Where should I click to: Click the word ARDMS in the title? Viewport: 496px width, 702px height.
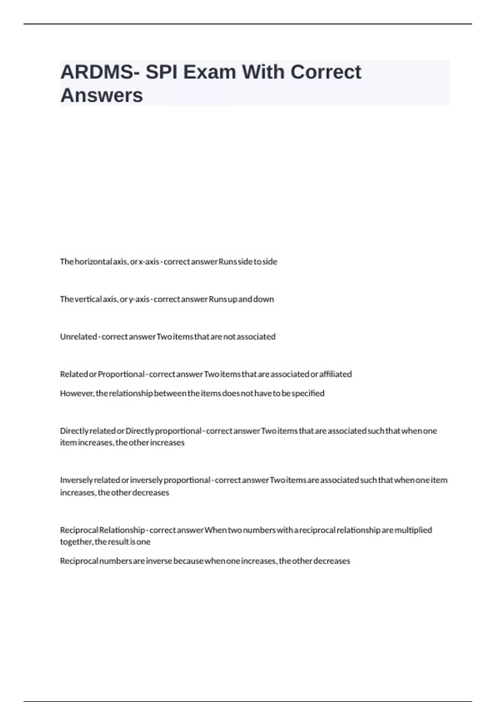pyautogui.click(x=96, y=72)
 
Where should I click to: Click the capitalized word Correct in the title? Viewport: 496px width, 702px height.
pyautogui.click(x=326, y=72)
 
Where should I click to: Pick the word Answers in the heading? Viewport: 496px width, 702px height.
pyautogui.click(x=102, y=95)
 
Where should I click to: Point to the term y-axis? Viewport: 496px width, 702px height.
pyautogui.click(x=139, y=299)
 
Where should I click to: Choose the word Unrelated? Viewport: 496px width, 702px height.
pyautogui.click(x=78, y=337)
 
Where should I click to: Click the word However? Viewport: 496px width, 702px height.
pyautogui.click(x=77, y=393)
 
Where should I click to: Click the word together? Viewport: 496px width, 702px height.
pyautogui.click(x=76, y=542)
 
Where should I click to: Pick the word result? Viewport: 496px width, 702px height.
pyautogui.click(x=119, y=542)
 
